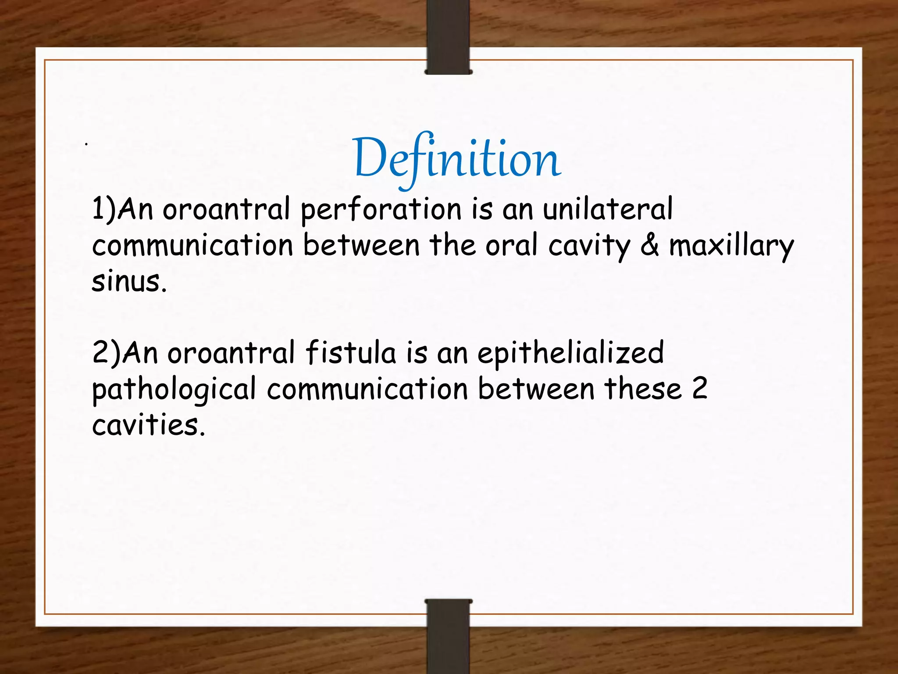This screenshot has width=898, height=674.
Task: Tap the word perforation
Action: [381, 210]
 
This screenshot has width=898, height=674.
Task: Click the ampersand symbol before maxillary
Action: [649, 245]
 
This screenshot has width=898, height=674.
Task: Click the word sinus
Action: [128, 282]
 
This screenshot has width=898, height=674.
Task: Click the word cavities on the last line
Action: [148, 425]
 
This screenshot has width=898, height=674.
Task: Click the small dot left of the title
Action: [87, 143]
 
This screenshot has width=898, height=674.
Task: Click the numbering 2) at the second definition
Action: [106, 353]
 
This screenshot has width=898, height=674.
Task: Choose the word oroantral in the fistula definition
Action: [231, 353]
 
